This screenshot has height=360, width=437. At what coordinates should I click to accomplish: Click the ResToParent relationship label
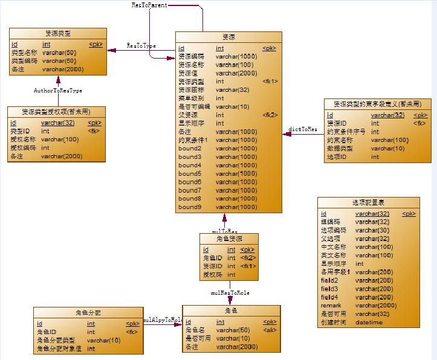click(149, 5)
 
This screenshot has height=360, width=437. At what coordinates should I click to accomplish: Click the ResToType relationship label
click(141, 45)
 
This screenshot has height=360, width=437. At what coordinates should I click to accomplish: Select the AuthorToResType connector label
click(57, 90)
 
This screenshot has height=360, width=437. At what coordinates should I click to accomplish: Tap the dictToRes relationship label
click(303, 129)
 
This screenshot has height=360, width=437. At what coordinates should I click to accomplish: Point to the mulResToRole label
click(230, 292)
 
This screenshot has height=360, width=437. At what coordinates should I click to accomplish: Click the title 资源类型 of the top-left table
click(58, 33)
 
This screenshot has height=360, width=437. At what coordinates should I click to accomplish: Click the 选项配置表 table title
click(367, 202)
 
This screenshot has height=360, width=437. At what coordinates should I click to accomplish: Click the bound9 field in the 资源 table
click(190, 207)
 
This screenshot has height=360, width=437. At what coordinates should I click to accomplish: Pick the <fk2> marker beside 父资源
click(270, 115)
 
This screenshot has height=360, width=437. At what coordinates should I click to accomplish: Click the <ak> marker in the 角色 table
click(270, 330)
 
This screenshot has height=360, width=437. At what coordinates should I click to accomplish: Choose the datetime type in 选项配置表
click(368, 323)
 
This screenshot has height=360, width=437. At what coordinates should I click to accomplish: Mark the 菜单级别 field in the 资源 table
click(191, 98)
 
